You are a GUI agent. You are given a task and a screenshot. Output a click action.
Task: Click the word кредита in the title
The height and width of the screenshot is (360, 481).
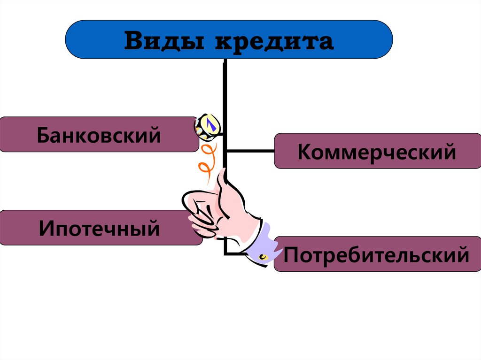pyautogui.click(x=274, y=42)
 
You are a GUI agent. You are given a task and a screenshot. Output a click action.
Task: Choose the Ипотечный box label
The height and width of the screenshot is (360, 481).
pyautogui.click(x=99, y=229)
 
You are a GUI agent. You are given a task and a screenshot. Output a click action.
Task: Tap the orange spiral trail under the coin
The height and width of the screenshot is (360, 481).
pyautogui.click(x=207, y=160)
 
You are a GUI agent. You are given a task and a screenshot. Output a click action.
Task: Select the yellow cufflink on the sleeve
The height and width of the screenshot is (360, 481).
pyautogui.click(x=263, y=257)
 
